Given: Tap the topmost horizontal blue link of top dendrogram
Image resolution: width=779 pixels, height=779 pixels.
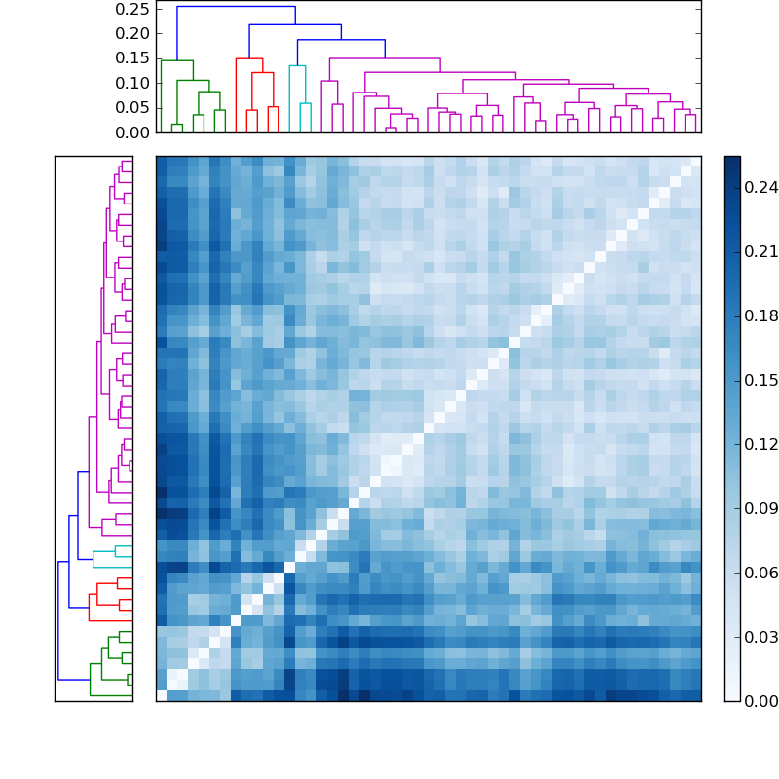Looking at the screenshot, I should coord(236,7).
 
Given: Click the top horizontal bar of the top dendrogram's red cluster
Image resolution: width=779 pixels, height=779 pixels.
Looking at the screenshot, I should coord(249,58).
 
